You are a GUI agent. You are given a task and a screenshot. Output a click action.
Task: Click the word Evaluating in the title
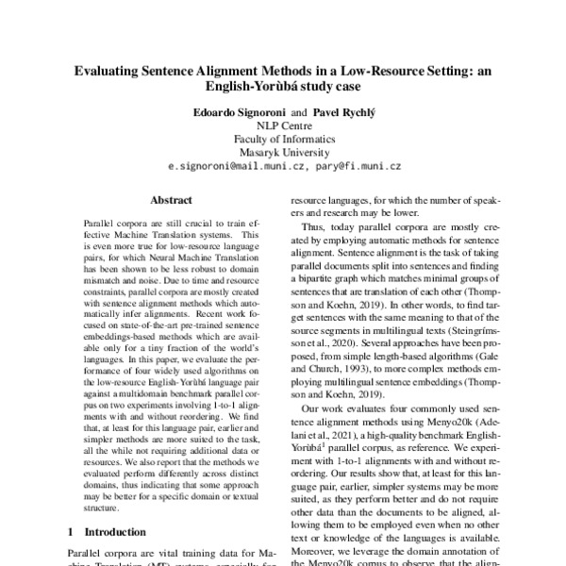[113, 69]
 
